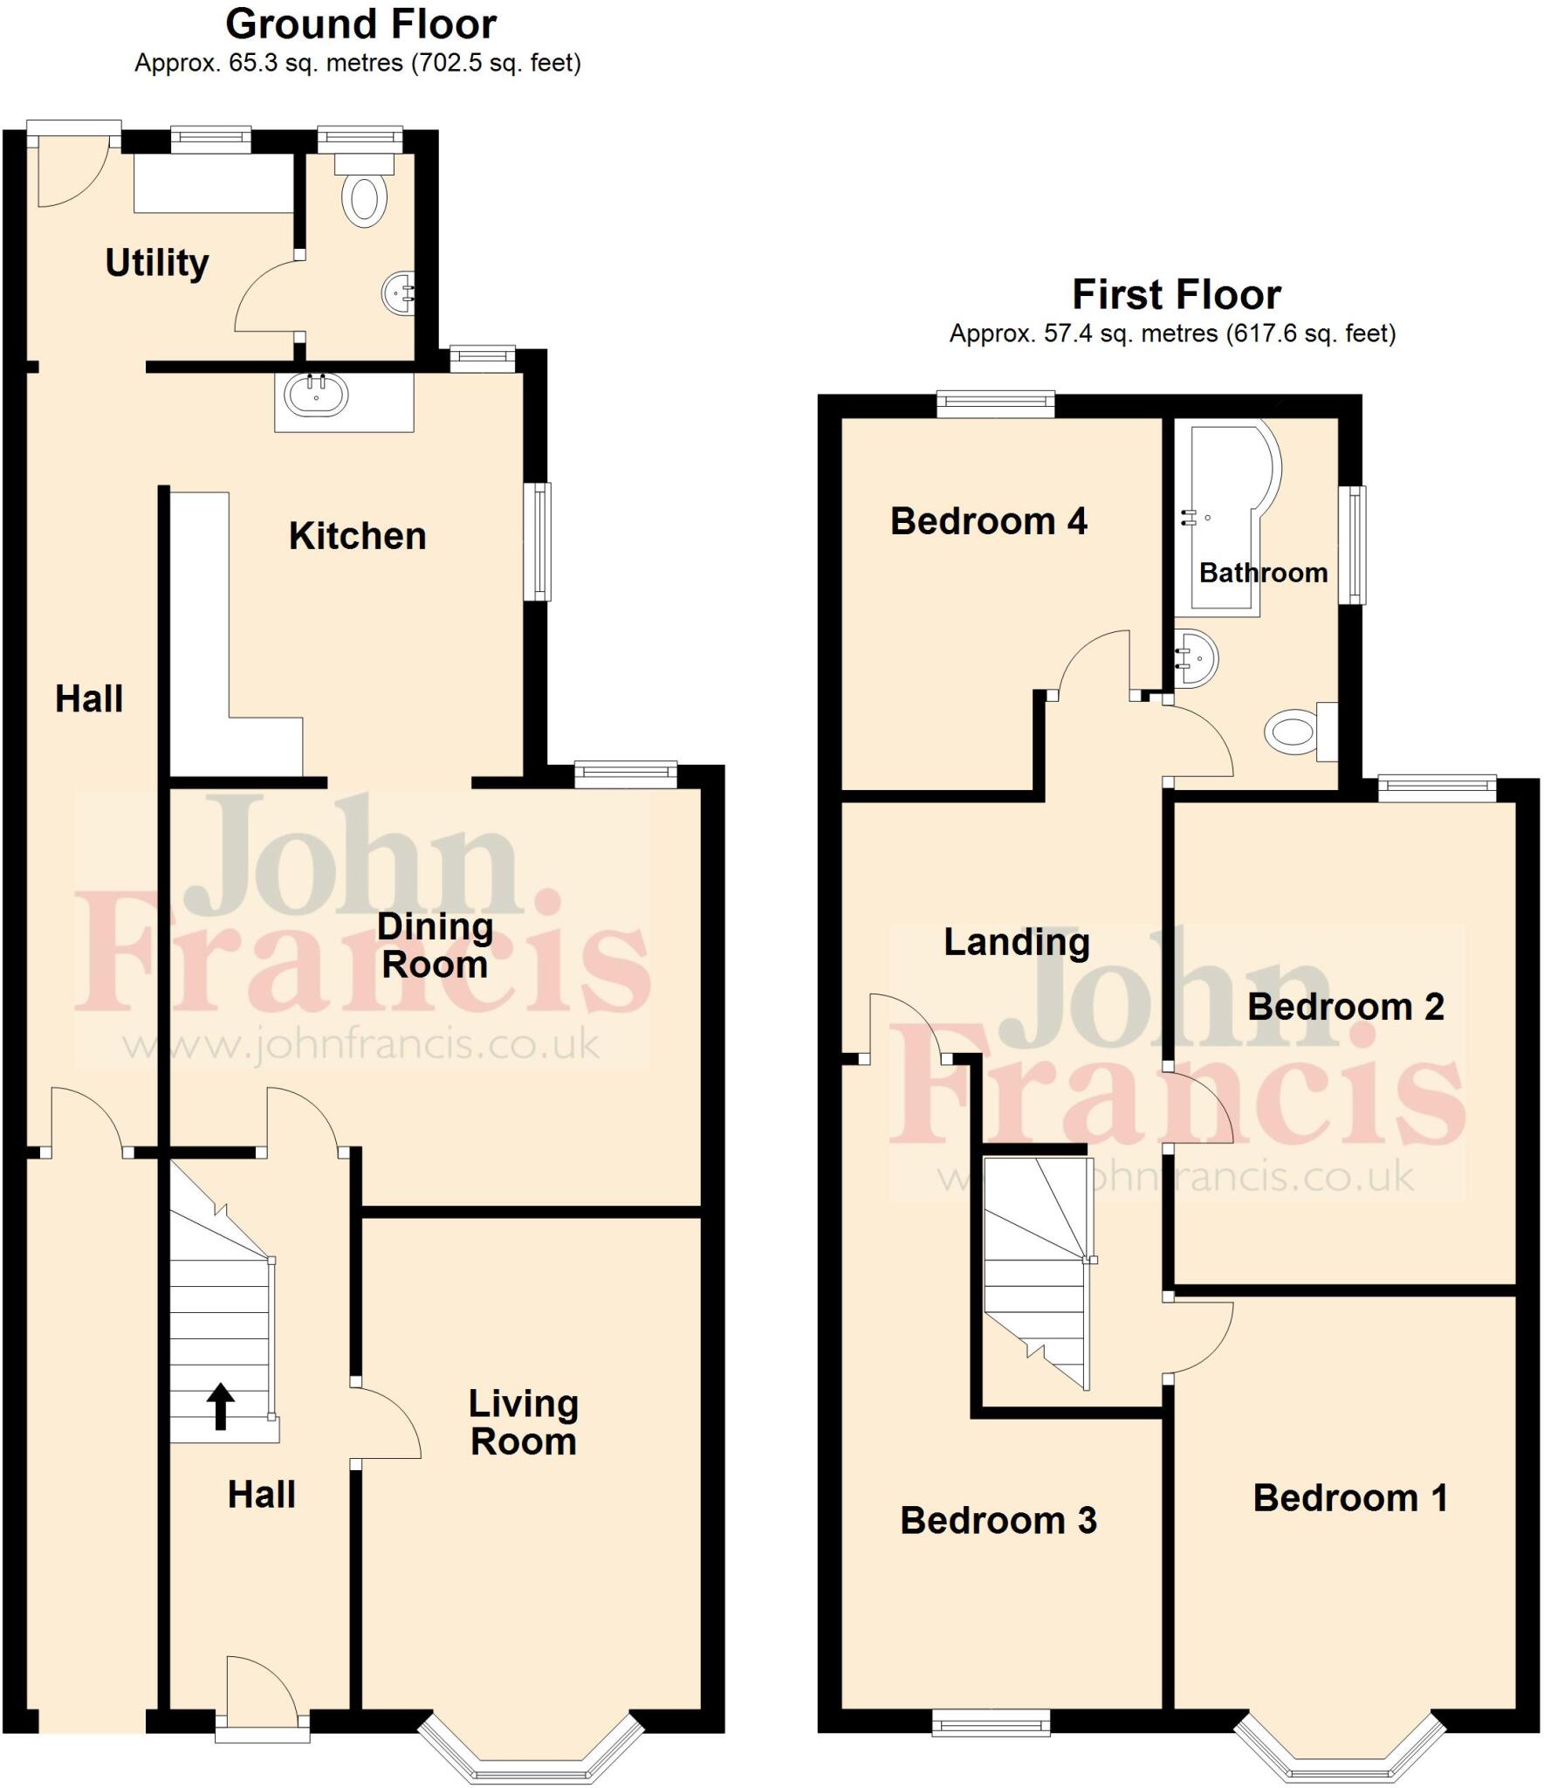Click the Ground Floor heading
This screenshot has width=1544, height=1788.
(360, 24)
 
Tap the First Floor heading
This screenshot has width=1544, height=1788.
(1176, 295)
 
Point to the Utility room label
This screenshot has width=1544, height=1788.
(157, 263)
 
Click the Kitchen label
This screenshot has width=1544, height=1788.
(357, 536)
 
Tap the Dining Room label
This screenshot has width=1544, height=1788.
(435, 946)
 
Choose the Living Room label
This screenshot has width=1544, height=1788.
(523, 1423)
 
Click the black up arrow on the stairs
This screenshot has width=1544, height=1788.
(221, 1406)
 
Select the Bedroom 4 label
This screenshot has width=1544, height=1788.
(988, 521)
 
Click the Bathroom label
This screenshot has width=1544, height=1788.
(1263, 574)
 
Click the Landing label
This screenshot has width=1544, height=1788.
(1017, 943)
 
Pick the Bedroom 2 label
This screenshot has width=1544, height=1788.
(1345, 1007)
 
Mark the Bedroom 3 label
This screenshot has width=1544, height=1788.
(998, 1521)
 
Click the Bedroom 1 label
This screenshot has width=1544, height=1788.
(1350, 1498)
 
